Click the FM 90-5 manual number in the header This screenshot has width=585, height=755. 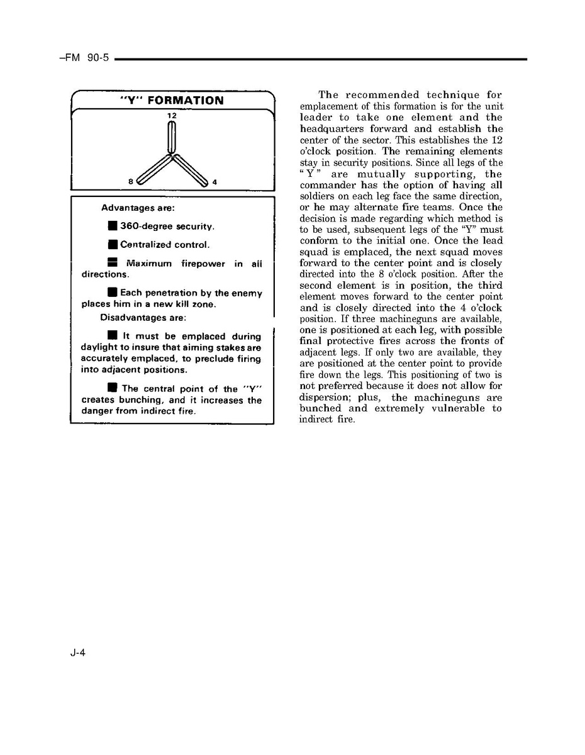pos(84,58)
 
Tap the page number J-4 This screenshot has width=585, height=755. pos(78,652)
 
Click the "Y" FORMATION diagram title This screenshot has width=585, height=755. pos(171,101)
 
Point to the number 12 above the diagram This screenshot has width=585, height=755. pos(172,116)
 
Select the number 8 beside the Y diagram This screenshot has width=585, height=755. pos(130,182)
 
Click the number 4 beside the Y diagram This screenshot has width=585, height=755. pos(214,182)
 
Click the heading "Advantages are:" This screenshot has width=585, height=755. pos(138,208)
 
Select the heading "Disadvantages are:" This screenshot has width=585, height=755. pos(143,318)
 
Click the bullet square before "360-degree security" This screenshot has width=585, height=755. pos(112,226)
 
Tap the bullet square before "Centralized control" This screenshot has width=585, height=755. pos(112,245)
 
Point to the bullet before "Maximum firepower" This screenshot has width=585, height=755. pos(112,264)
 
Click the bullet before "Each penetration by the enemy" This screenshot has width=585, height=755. pos(112,293)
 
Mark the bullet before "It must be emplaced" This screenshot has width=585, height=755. pos(112,337)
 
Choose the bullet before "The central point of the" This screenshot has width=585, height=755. pos(112,388)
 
